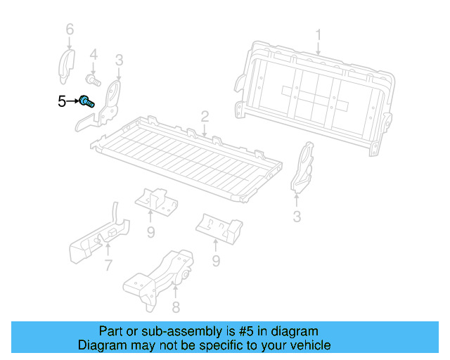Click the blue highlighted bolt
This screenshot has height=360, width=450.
86,103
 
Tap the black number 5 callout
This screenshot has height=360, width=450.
62,102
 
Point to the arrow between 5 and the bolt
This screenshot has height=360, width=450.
73,102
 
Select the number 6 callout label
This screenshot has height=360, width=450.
69,29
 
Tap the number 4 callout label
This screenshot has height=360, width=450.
94,53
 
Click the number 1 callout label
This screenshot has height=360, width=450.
318,34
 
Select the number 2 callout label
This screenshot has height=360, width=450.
205,115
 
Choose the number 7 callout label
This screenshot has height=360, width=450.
108,266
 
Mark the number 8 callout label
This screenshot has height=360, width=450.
175,307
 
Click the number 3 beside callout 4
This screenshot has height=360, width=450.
120,60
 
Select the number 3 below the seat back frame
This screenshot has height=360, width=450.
297,217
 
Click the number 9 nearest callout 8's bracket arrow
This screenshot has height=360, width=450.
217,262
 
